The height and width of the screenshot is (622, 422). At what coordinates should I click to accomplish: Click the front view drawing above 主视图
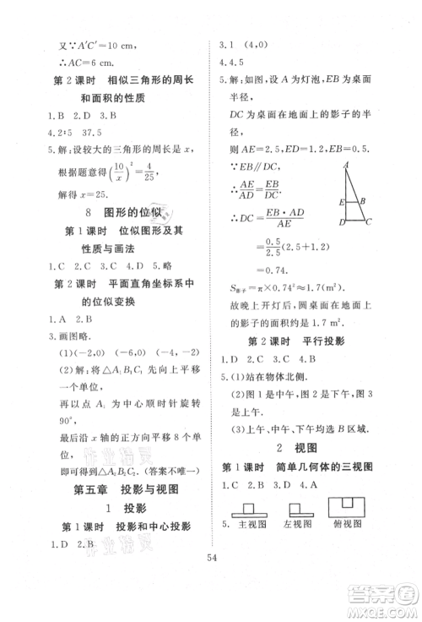(x=245, y=509)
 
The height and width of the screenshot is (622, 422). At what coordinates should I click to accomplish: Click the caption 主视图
(x=251, y=525)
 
